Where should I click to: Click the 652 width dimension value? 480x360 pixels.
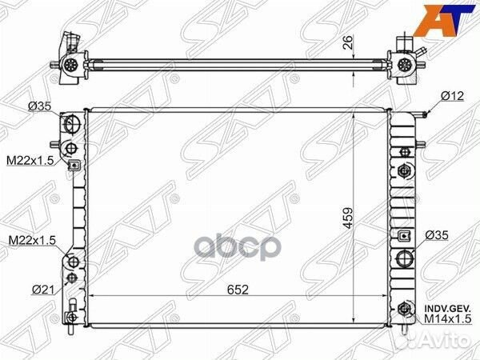coord(238,290)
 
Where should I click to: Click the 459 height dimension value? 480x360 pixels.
coord(348,218)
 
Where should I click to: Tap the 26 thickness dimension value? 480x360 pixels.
coord(348,42)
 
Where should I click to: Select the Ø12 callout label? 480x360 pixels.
coord(453,97)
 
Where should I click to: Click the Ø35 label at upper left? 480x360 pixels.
coord(39,106)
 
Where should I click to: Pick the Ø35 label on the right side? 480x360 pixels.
coord(437,235)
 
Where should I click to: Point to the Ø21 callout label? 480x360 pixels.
coord(43,290)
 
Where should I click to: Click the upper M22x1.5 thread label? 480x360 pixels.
coord(30,160)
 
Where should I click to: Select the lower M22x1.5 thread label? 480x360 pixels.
coord(32,240)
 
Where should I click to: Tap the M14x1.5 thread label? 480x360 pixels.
coord(447,319)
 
